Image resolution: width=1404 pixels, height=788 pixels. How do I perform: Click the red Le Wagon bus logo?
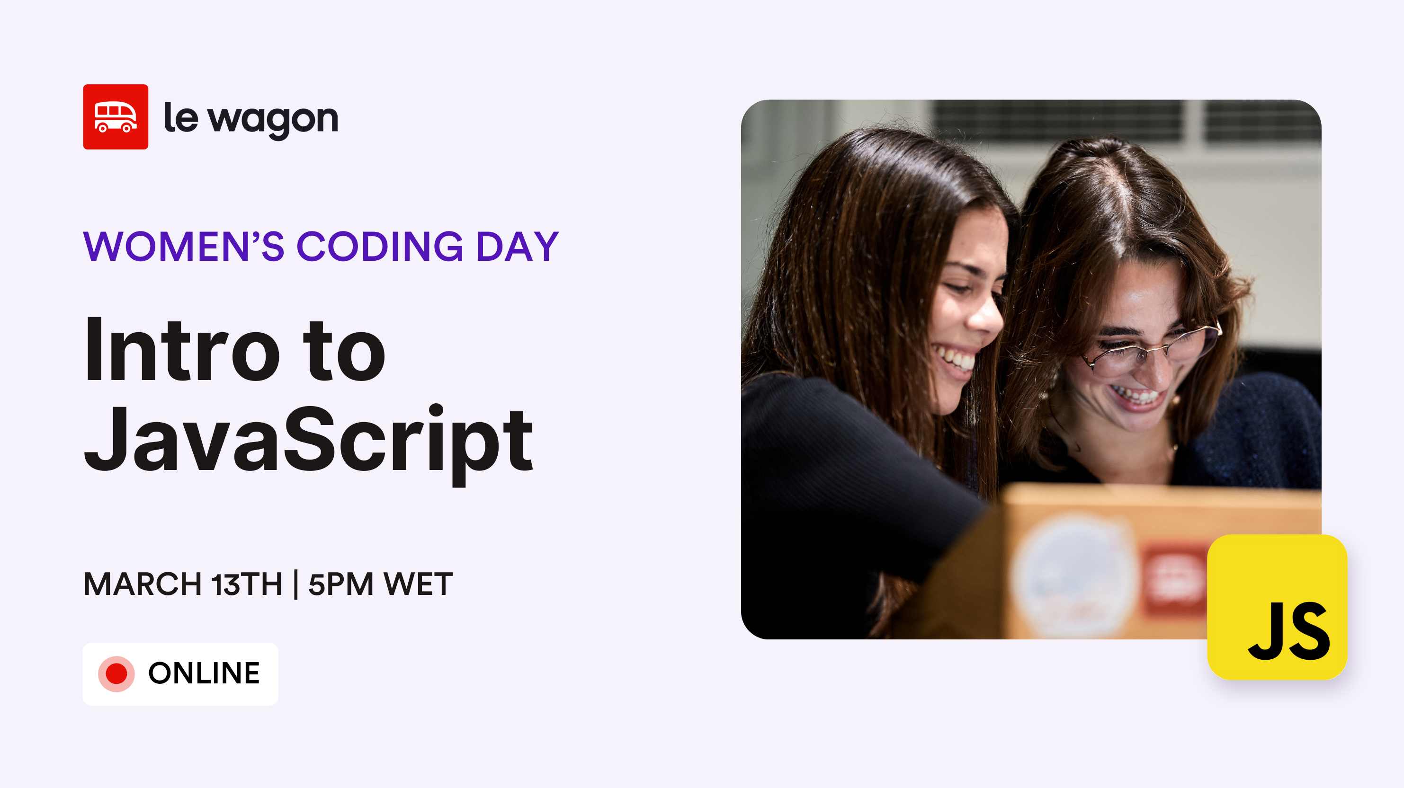116,116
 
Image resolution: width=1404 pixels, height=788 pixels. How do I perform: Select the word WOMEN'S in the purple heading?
184,247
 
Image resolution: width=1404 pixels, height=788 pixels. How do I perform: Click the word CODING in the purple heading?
380,247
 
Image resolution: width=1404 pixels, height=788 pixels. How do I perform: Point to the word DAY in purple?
518,247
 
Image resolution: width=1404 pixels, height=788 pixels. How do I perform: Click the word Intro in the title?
183,350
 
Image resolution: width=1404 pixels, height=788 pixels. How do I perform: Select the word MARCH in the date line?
143,584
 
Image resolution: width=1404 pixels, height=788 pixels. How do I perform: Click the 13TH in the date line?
247,584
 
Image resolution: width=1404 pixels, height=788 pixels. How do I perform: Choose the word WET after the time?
418,584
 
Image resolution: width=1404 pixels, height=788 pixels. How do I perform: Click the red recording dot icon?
116,673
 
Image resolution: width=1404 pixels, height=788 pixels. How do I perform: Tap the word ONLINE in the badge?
205,673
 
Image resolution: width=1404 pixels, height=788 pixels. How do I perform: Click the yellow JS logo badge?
1277,607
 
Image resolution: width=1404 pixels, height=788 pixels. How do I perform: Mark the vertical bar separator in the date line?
295,584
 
